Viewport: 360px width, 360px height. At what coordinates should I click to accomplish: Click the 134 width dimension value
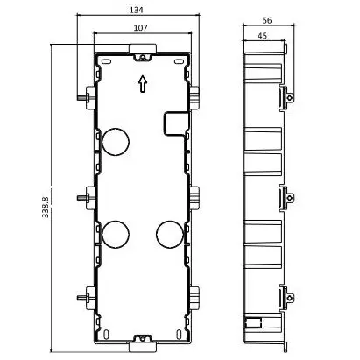tap(137, 10)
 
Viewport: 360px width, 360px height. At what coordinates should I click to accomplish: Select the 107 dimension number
tap(140, 28)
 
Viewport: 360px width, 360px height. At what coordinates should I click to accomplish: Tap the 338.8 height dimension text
tap(46, 207)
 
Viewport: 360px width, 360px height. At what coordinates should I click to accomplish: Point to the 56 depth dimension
tap(267, 20)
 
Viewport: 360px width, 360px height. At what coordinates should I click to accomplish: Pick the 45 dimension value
tap(262, 36)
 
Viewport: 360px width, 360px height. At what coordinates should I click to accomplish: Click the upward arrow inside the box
tap(142, 84)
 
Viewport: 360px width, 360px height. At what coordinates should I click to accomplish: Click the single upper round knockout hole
tap(116, 142)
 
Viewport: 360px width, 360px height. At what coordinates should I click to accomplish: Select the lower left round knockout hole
tap(116, 235)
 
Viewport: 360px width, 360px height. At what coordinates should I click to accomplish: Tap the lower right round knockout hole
tap(170, 235)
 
